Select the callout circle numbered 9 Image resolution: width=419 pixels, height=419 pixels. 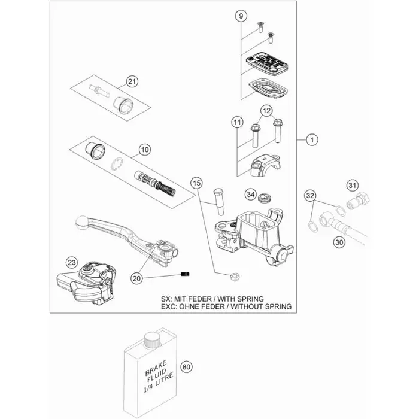pyautogui.click(x=241, y=16)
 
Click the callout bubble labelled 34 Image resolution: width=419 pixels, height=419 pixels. pyautogui.click(x=251, y=195)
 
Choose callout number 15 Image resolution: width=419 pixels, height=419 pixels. pyautogui.click(x=197, y=183)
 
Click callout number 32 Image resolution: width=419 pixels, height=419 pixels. pyautogui.click(x=309, y=196)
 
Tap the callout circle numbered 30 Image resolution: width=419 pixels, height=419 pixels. pyautogui.click(x=356, y=242)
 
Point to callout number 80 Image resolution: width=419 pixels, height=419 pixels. pyautogui.click(x=186, y=367)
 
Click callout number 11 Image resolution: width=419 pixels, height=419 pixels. pyautogui.click(x=238, y=122)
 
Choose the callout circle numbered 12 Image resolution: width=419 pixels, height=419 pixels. pyautogui.click(x=266, y=110)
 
